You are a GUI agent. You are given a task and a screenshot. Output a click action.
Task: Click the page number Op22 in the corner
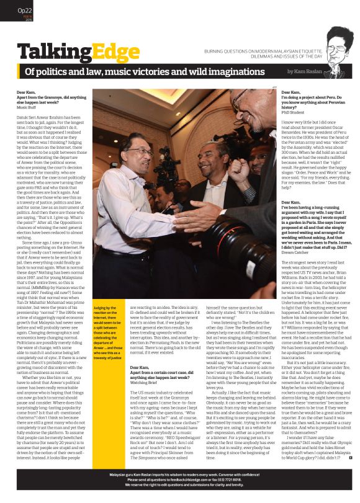(25, 10)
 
